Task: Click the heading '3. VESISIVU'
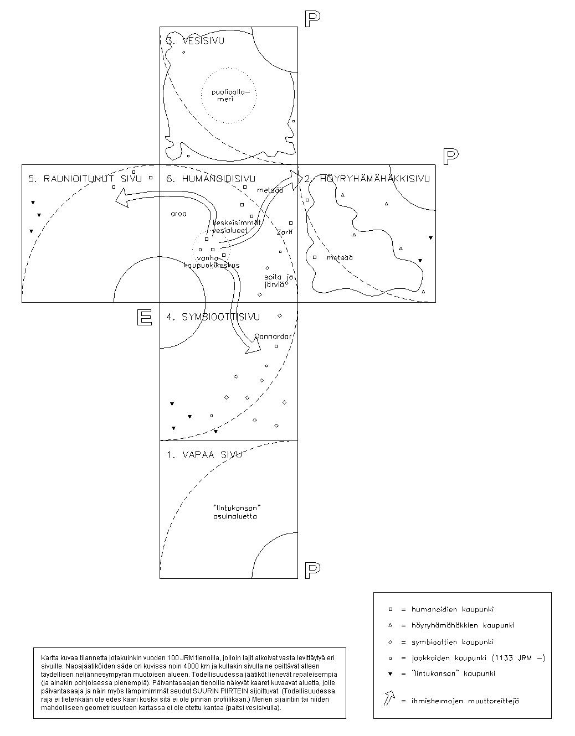click(196, 41)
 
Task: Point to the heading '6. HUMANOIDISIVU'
click(211, 179)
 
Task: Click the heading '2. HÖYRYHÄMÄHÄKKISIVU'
click(367, 179)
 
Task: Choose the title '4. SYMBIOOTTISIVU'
click(213, 317)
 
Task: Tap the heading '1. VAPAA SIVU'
click(204, 455)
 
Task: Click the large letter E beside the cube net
click(145, 317)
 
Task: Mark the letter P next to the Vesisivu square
click(312, 19)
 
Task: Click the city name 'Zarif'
click(284, 232)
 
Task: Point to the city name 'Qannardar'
click(273, 336)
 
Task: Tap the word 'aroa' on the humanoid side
click(179, 214)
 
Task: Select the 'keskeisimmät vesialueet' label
click(237, 226)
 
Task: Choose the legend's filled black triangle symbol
click(391, 674)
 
